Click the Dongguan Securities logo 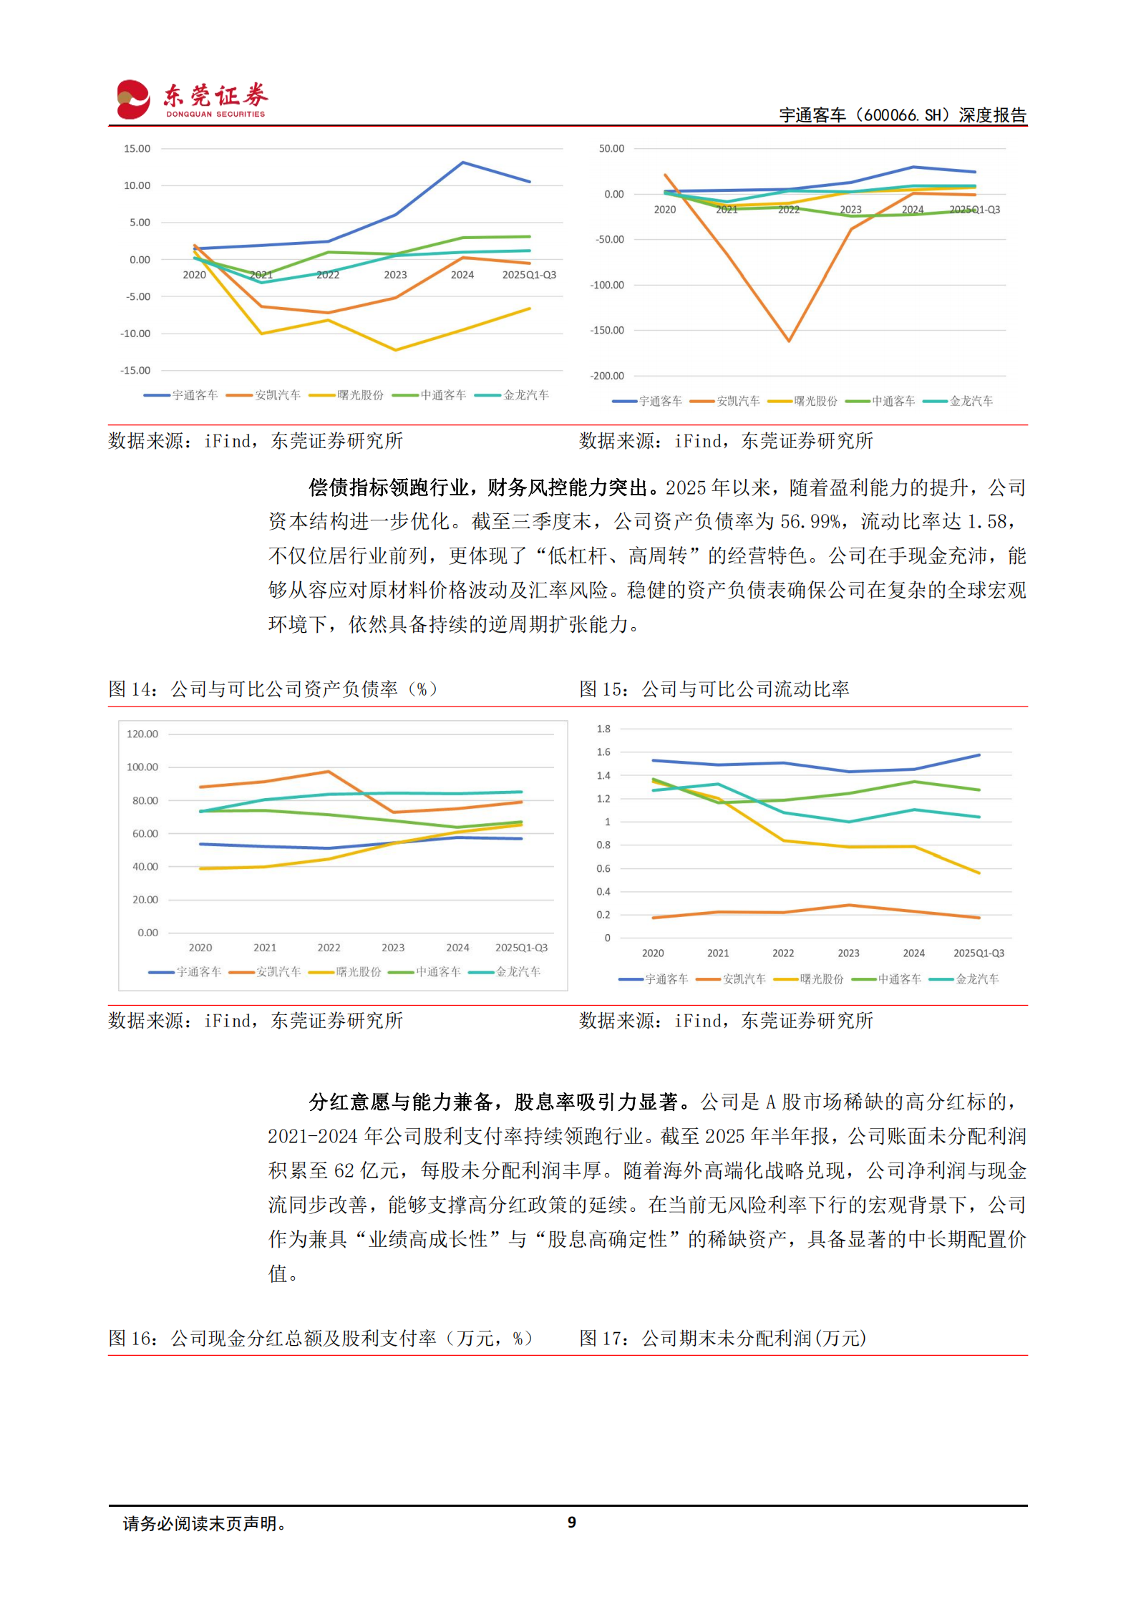click(191, 99)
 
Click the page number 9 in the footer click(571, 1522)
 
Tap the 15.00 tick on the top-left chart click(137, 149)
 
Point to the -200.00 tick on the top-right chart click(606, 376)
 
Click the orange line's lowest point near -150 click(788, 341)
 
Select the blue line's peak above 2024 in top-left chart click(463, 162)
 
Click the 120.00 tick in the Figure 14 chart click(142, 734)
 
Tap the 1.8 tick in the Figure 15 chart click(603, 729)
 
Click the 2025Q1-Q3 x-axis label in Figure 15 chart click(978, 953)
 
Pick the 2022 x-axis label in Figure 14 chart click(329, 947)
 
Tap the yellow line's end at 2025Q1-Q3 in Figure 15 click(979, 873)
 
